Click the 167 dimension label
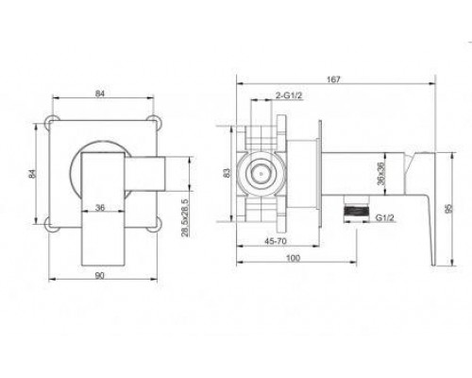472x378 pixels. point(333,79)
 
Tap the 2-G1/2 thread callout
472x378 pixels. point(289,95)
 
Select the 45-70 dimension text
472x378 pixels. point(276,241)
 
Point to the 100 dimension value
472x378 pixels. point(294,258)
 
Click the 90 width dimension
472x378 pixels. point(99,275)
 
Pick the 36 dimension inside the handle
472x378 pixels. point(100,208)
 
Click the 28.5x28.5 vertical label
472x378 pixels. point(185,217)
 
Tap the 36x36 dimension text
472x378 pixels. point(381,174)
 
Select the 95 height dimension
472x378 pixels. point(449,208)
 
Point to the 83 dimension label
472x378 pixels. point(227,173)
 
